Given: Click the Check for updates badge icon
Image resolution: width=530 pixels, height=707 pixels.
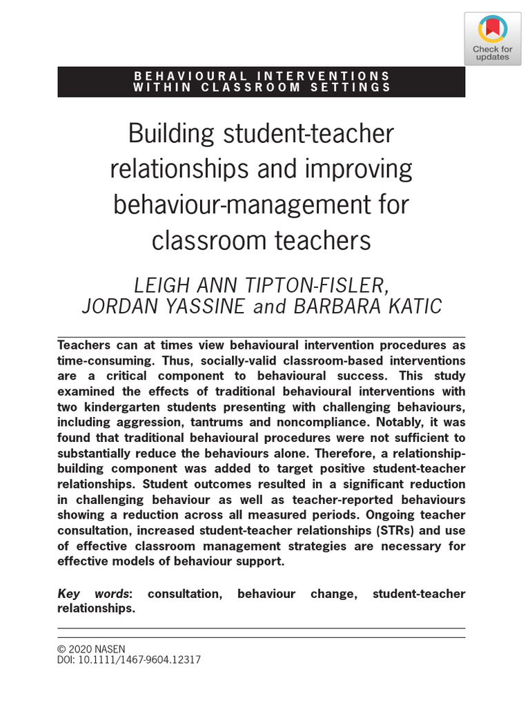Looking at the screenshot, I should pos(492,28).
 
